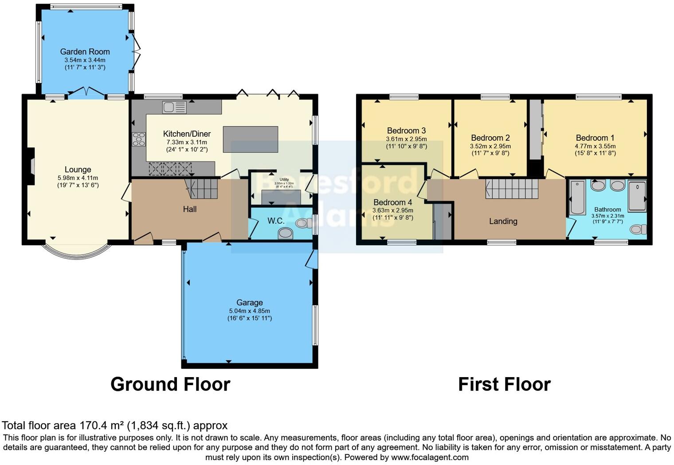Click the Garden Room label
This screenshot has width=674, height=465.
(x=85, y=51)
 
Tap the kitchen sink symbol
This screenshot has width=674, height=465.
(x=174, y=107)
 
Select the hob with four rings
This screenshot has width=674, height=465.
(x=138, y=139)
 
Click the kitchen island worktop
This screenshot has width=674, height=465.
(x=251, y=139)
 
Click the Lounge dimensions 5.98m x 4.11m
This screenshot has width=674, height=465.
(x=78, y=178)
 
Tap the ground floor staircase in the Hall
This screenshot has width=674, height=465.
(x=203, y=189)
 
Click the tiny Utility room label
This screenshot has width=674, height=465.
(x=284, y=180)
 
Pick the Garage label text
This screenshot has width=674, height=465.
(x=249, y=303)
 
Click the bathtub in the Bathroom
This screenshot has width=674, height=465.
(x=577, y=197)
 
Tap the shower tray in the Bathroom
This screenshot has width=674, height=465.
(x=637, y=195)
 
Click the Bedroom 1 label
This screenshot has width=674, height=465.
(x=595, y=138)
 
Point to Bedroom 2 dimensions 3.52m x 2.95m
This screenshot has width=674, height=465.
(x=490, y=146)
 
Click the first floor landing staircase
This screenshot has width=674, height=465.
(x=512, y=189)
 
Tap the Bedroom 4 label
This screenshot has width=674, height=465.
(x=392, y=202)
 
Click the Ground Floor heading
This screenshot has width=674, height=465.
(x=170, y=384)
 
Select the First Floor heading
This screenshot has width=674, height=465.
(x=504, y=384)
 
